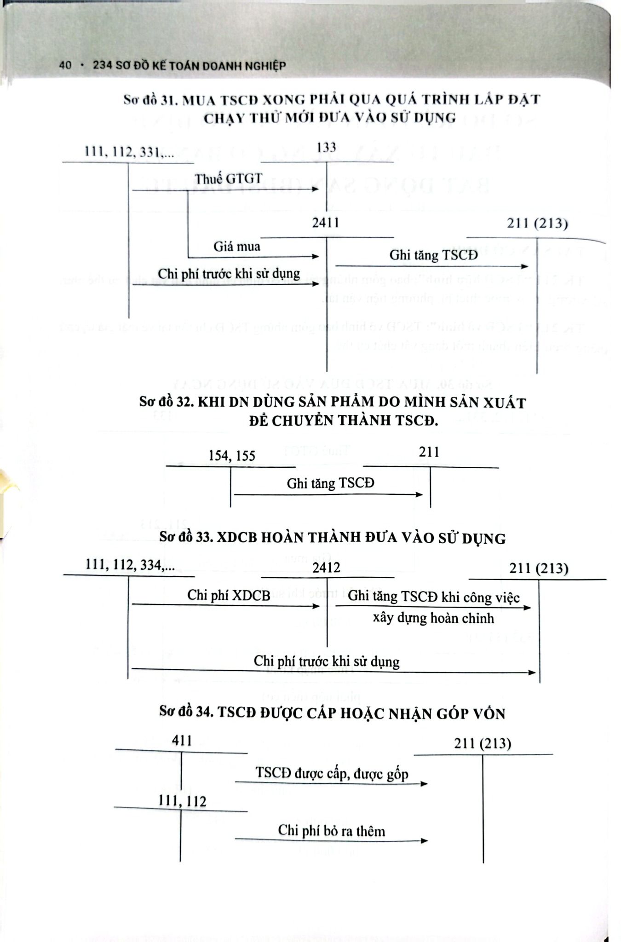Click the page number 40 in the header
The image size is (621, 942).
point(65,66)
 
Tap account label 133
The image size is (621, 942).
point(326,148)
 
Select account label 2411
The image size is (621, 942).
point(326,223)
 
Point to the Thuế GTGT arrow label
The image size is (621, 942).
point(228,178)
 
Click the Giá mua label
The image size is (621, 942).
point(236,247)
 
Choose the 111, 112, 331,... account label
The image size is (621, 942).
point(129,151)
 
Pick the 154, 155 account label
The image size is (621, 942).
point(231,456)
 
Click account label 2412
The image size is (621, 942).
point(326,568)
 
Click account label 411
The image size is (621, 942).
point(181,740)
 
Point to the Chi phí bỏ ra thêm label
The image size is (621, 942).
point(331,831)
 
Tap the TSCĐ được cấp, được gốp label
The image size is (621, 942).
point(332,773)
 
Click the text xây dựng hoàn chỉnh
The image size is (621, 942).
point(433,618)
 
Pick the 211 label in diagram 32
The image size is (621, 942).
point(429,452)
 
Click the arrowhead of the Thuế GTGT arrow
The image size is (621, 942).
point(316,190)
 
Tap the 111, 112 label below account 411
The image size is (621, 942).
point(182,801)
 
